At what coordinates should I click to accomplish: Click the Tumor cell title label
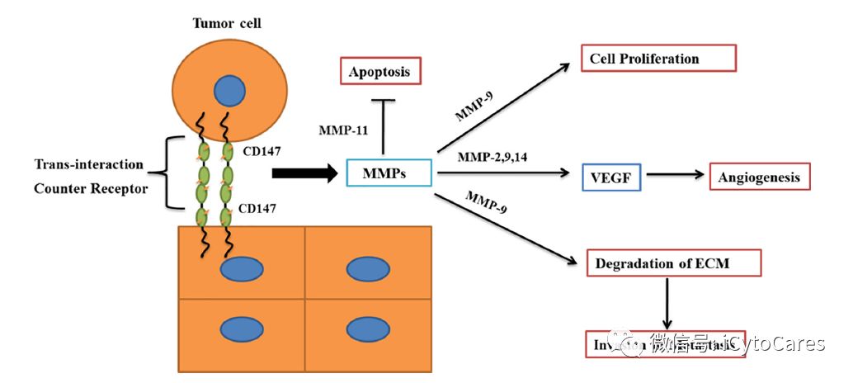click(x=227, y=23)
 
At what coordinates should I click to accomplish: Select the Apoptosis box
click(x=379, y=71)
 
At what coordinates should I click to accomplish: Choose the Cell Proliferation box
click(x=657, y=59)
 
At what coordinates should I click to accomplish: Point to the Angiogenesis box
click(x=758, y=176)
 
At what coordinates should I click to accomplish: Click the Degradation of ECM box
click(x=673, y=263)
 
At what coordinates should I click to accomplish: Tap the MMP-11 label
click(x=343, y=130)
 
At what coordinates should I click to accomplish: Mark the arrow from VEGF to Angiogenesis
click(x=676, y=175)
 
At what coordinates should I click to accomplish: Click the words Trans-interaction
click(x=89, y=164)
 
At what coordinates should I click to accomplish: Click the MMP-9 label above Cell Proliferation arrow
click(x=477, y=106)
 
